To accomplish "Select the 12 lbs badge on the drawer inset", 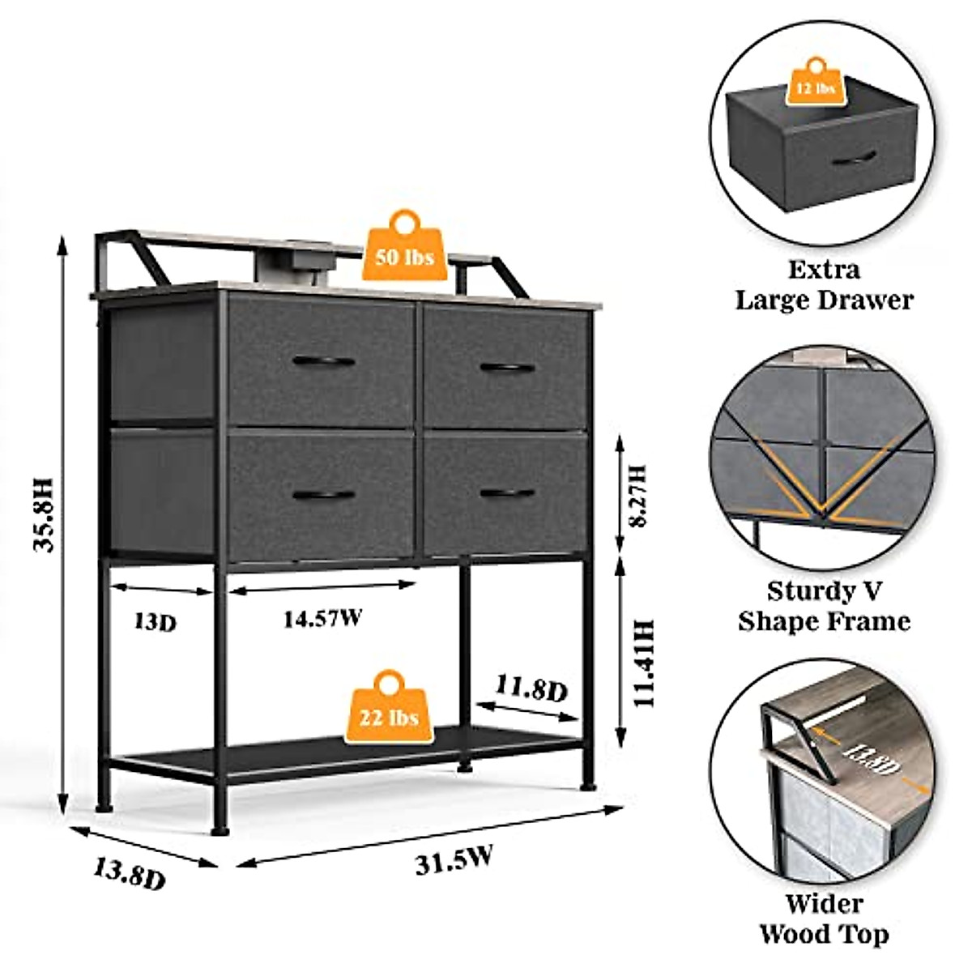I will tap(815, 87).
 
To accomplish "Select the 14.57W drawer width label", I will tap(322, 619).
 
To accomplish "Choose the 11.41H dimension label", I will tap(644, 663).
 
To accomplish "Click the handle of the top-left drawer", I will tap(324, 361).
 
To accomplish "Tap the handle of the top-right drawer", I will tap(507, 368).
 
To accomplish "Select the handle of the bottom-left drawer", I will tap(323, 495).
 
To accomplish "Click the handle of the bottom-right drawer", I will tap(507, 493).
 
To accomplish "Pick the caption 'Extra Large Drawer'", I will tap(824, 284).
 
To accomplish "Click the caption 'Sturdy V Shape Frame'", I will tap(824, 605).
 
